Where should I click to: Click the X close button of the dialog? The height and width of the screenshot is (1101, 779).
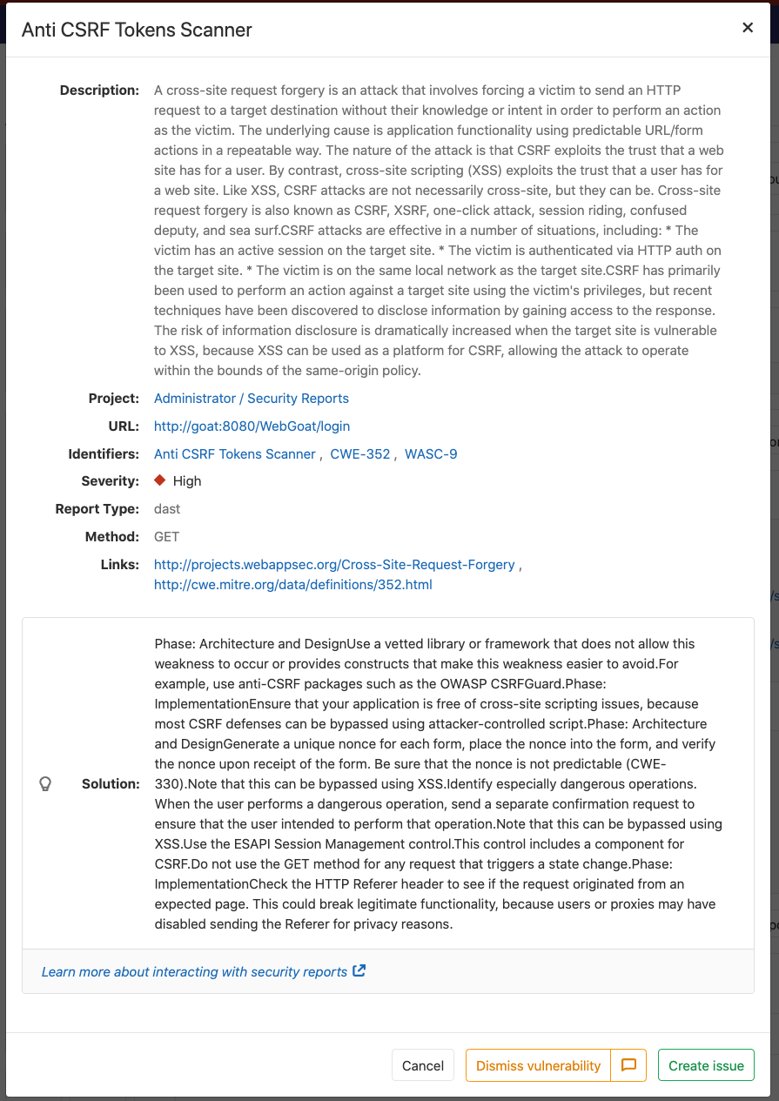tap(747, 28)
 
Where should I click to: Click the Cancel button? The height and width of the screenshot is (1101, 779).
tap(423, 1065)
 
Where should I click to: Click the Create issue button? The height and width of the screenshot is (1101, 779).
tap(706, 1065)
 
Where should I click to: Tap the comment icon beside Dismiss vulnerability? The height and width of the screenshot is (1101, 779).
tap(628, 1065)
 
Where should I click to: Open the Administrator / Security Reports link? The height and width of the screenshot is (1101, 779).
tap(252, 399)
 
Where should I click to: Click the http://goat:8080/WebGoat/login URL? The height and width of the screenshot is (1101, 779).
tap(252, 426)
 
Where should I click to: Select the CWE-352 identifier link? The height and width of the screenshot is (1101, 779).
tap(360, 454)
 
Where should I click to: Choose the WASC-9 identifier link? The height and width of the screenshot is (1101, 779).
tap(431, 454)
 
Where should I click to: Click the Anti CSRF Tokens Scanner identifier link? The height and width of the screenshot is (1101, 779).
tap(235, 454)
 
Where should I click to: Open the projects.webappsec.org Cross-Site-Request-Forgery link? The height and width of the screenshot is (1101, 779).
tap(334, 565)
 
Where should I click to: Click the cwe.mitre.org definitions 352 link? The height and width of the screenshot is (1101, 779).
tap(293, 585)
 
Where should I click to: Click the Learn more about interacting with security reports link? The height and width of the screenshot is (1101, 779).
tap(195, 972)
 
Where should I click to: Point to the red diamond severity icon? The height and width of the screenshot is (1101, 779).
tap(160, 480)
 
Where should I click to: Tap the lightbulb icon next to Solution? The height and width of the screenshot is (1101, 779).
tap(46, 784)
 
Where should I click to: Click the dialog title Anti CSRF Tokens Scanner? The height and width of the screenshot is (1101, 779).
tap(137, 30)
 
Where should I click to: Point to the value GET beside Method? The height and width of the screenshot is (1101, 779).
tap(167, 537)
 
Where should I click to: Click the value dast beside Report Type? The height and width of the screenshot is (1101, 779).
tap(167, 509)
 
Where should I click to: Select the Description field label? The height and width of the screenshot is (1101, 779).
tap(99, 91)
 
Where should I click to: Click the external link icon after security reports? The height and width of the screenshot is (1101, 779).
tap(359, 971)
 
